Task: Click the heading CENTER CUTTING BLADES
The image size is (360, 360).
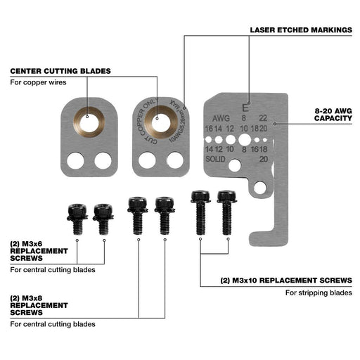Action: (x=60, y=71)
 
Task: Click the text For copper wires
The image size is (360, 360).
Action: (x=37, y=83)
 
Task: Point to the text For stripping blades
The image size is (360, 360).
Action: (x=319, y=292)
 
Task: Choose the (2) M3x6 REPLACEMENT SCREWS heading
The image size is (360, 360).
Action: (x=38, y=251)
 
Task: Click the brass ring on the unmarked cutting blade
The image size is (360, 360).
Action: (x=89, y=121)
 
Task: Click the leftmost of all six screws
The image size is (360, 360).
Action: (x=77, y=217)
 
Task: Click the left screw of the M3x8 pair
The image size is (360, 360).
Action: (x=137, y=213)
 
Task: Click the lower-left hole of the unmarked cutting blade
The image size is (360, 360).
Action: (x=77, y=160)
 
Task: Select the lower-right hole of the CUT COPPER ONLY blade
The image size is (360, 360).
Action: (x=174, y=160)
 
